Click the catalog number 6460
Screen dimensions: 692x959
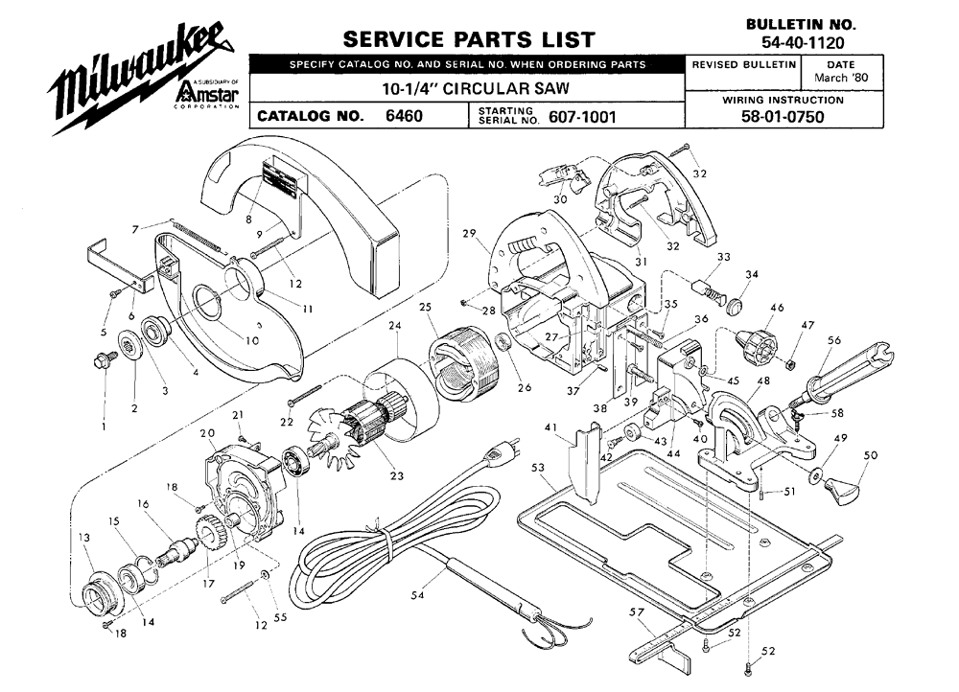pyautogui.click(x=404, y=117)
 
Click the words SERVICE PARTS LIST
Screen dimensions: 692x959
pyautogui.click(x=469, y=40)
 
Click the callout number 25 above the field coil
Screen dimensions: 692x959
pyautogui.click(x=426, y=307)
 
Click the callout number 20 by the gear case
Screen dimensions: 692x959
pyautogui.click(x=206, y=432)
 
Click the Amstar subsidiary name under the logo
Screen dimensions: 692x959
pyautogui.click(x=207, y=95)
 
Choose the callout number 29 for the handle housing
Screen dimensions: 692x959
pyautogui.click(x=469, y=234)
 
